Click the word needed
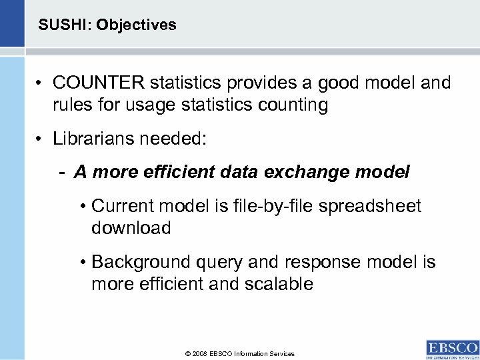174,141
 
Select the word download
131,228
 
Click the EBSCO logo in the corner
451,347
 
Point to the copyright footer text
240,353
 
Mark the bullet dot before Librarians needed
39,141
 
